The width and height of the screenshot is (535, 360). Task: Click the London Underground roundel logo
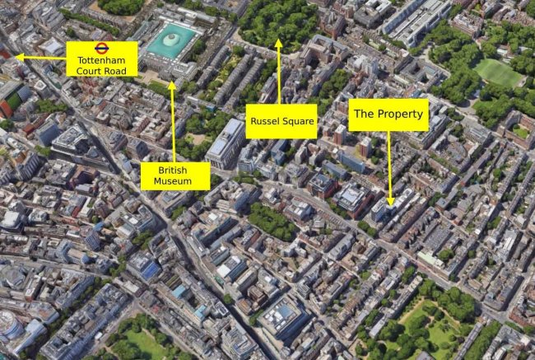point(101,48)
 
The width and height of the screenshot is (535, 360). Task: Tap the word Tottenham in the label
point(101,60)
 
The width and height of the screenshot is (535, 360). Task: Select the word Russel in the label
point(266,121)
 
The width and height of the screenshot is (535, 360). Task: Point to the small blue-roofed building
point(149,269)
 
